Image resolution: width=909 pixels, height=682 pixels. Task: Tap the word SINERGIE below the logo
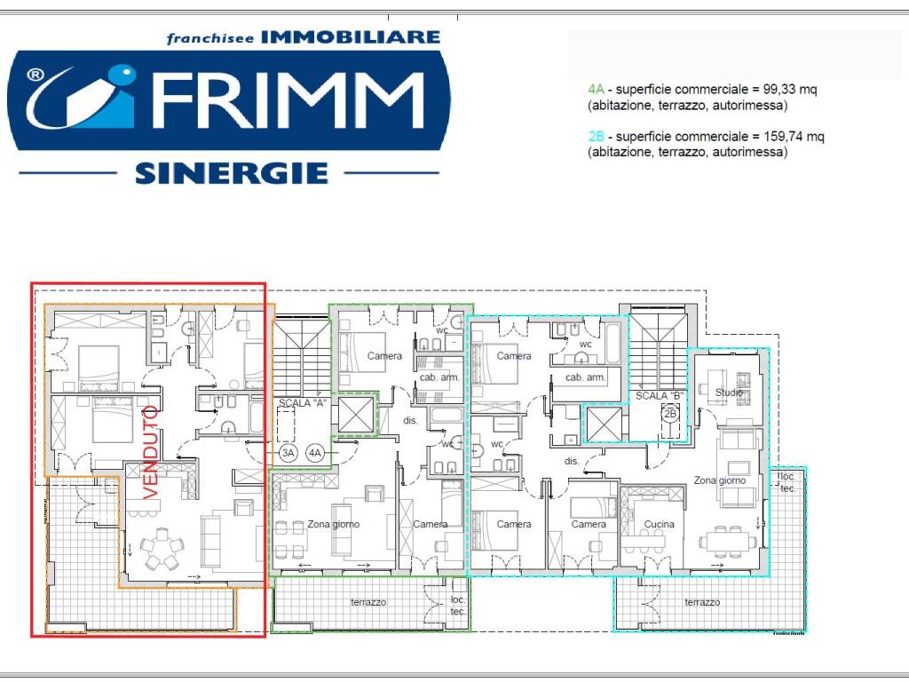pyautogui.click(x=232, y=172)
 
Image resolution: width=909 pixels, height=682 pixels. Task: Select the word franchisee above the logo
pyautogui.click(x=210, y=38)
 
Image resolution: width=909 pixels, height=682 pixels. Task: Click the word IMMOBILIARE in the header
pyautogui.click(x=352, y=36)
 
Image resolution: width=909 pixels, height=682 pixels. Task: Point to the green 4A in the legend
pyautogui.click(x=595, y=91)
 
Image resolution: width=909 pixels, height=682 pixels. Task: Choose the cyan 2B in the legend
pyautogui.click(x=595, y=137)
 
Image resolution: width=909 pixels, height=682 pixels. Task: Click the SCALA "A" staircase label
pyautogui.click(x=300, y=403)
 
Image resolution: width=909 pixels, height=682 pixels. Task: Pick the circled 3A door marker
pyautogui.click(x=288, y=453)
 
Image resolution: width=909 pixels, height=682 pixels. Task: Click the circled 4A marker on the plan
pyautogui.click(x=315, y=453)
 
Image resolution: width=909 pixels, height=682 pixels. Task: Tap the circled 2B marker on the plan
pyautogui.click(x=670, y=413)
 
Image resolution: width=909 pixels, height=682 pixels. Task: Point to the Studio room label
pyautogui.click(x=728, y=392)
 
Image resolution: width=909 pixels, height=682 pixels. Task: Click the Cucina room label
pyautogui.click(x=659, y=524)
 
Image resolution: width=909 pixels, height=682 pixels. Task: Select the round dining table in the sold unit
pyautogui.click(x=161, y=550)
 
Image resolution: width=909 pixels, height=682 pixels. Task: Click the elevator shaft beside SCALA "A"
pyautogui.click(x=354, y=414)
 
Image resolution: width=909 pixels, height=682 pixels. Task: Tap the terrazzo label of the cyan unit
pyautogui.click(x=702, y=602)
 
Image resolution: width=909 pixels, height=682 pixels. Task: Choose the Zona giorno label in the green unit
pyautogui.click(x=334, y=524)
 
